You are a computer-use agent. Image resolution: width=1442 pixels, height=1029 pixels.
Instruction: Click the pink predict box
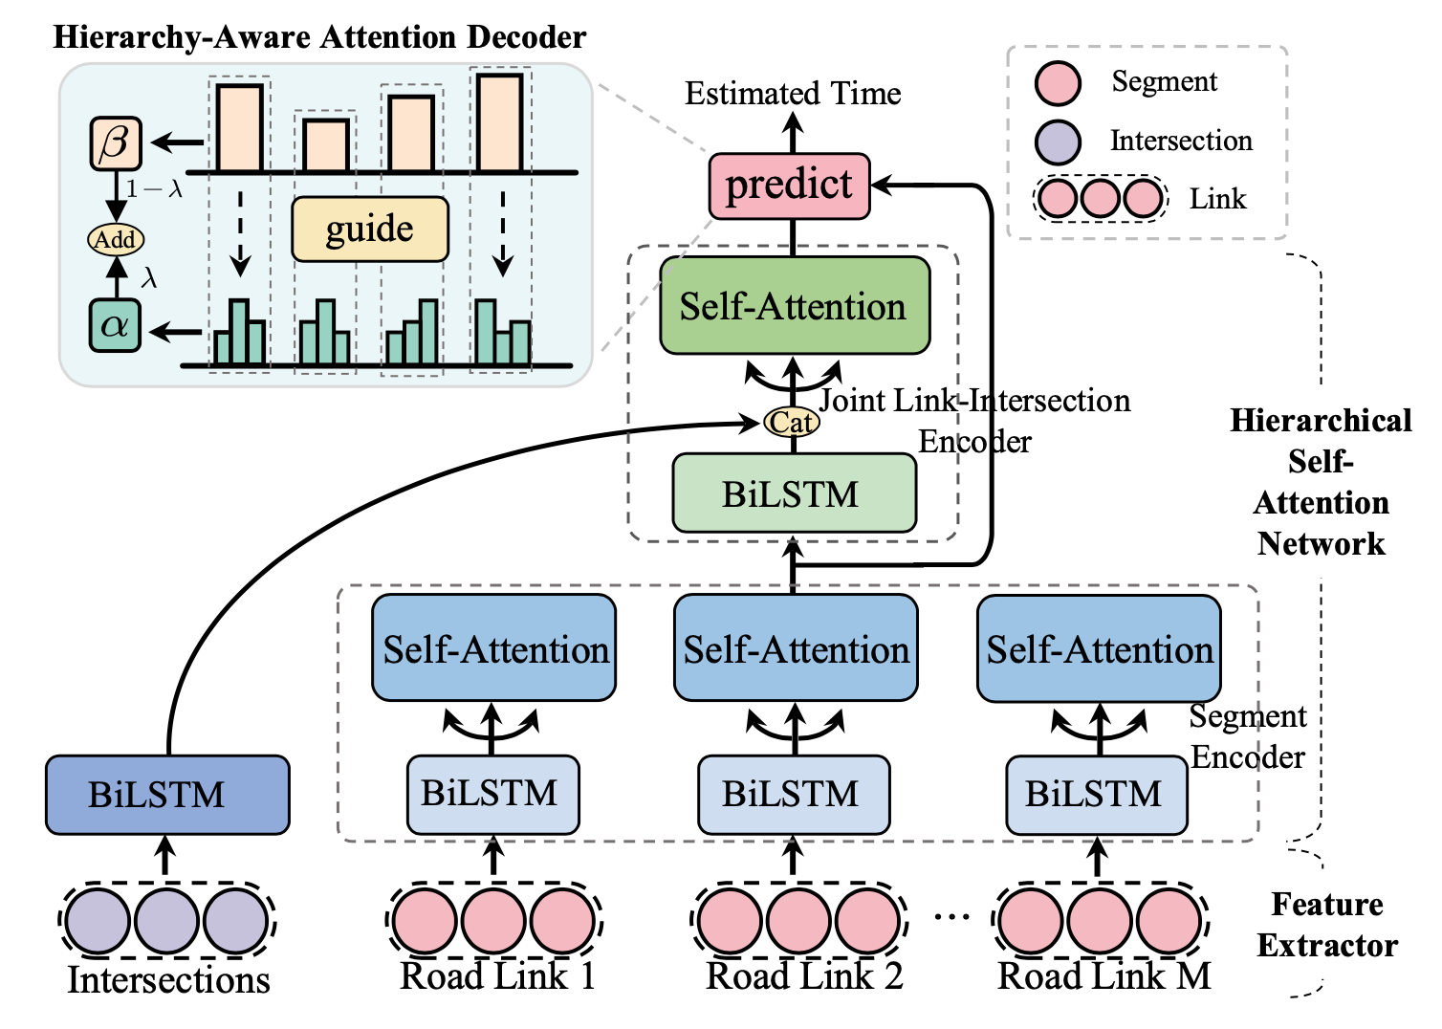pyautogui.click(x=789, y=186)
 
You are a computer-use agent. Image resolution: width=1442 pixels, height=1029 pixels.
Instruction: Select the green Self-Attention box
pyautogui.click(x=794, y=306)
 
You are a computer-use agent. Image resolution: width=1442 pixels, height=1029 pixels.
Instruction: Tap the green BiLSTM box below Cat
pyautogui.click(x=794, y=493)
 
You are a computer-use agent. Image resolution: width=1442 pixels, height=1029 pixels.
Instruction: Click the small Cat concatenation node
pyautogui.click(x=792, y=422)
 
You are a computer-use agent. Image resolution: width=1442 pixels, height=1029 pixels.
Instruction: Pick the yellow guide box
pyautogui.click(x=370, y=230)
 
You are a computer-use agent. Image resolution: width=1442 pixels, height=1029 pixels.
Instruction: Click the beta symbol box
pyautogui.click(x=116, y=143)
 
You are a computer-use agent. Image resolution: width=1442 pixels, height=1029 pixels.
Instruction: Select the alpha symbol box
pyautogui.click(x=116, y=326)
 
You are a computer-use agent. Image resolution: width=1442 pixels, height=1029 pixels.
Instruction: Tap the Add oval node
pyautogui.click(x=116, y=239)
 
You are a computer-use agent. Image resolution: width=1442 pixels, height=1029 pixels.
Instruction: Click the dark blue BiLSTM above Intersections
pyautogui.click(x=167, y=795)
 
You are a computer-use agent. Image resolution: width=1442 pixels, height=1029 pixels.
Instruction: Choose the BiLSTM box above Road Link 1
pyautogui.click(x=492, y=794)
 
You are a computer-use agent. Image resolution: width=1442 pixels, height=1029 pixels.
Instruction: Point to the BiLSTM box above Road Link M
pyautogui.click(x=1097, y=794)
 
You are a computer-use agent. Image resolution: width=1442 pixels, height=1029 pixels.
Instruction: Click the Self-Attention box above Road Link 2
pyautogui.click(x=796, y=649)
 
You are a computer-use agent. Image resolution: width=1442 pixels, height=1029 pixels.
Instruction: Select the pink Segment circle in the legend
pyautogui.click(x=1058, y=82)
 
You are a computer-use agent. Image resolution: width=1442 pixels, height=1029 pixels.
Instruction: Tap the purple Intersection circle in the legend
pyautogui.click(x=1058, y=142)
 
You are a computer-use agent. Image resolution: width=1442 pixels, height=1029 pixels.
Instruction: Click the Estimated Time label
pyautogui.click(x=793, y=94)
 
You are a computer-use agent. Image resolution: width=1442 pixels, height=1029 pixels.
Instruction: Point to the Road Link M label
pyautogui.click(x=1104, y=976)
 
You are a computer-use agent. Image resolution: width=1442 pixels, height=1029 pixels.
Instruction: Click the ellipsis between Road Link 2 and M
pyautogui.click(x=951, y=917)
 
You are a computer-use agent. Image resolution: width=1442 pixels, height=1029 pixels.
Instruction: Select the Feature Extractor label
pyautogui.click(x=1327, y=925)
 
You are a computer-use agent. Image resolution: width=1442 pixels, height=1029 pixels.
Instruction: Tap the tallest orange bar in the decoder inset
pyautogui.click(x=500, y=122)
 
